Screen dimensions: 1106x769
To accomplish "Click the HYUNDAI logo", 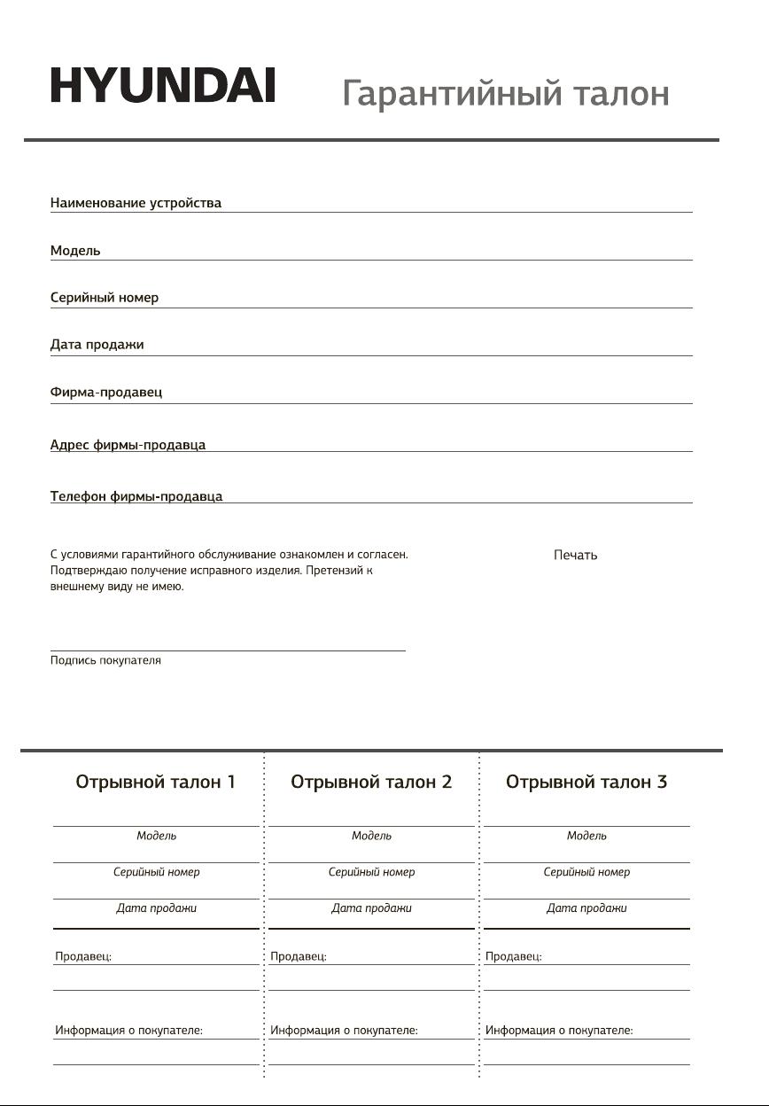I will tap(162, 87).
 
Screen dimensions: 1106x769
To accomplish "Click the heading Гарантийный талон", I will tap(505, 93).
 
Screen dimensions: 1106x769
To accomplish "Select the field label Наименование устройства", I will tap(136, 203).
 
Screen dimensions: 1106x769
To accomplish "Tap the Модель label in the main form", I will tap(75, 251).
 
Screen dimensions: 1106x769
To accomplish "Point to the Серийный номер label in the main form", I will tap(105, 298).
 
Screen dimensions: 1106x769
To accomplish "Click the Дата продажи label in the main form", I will tap(97, 345).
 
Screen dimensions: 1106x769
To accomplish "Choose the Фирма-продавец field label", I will tap(106, 392).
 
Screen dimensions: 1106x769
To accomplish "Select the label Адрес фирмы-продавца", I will tap(128, 445).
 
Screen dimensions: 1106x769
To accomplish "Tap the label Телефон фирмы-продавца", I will tap(136, 496).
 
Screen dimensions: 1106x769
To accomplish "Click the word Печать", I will tap(575, 556).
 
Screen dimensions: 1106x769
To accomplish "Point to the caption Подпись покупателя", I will tap(105, 661).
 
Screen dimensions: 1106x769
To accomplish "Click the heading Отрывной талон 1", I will tap(156, 783).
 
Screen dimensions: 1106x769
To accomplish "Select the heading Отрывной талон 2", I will tap(371, 783).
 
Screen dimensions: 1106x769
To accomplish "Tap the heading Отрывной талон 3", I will tap(586, 783).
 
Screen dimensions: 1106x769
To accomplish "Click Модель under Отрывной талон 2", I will tap(371, 836).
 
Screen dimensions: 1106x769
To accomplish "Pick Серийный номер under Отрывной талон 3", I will tap(586, 872).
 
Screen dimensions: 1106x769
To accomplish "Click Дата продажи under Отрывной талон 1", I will tap(156, 908).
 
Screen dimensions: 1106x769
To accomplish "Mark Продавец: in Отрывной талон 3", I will tap(514, 957).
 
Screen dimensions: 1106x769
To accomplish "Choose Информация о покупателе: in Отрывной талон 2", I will tap(344, 1031).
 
